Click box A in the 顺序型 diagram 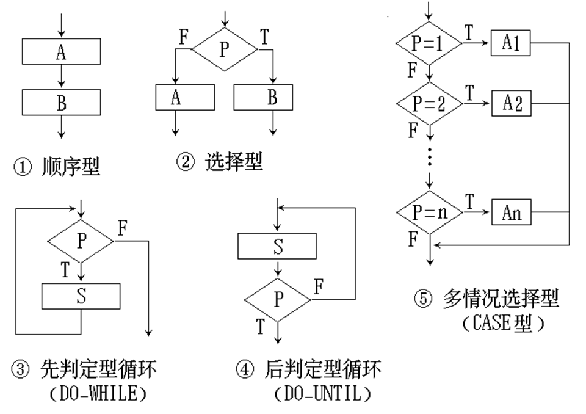tap(61, 52)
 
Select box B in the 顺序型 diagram tap(61, 103)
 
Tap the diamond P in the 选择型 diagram tap(224, 49)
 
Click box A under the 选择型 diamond tap(185, 96)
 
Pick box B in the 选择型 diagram tap(263, 96)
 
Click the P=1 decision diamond tap(429, 43)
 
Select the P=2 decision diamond tap(429, 103)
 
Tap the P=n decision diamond tap(429, 214)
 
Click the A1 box tap(512, 43)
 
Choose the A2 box tap(512, 103)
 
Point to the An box tap(512, 214)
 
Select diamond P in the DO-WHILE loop tap(81, 241)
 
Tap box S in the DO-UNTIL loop tap(277, 246)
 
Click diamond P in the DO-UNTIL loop tap(278, 299)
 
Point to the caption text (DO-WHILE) tap(98, 394)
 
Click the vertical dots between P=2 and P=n tap(430, 158)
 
